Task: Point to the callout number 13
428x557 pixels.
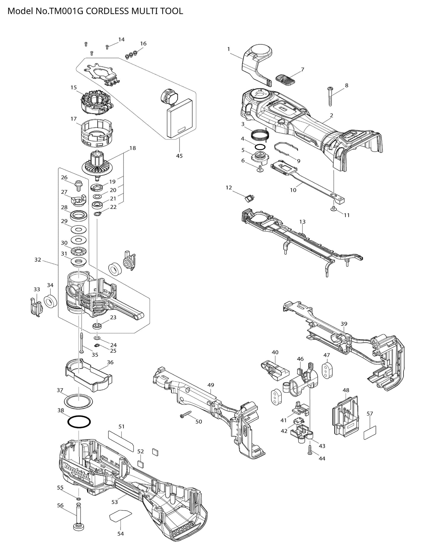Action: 302,222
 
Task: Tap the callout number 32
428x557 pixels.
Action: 38,260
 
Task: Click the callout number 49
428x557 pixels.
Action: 211,385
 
